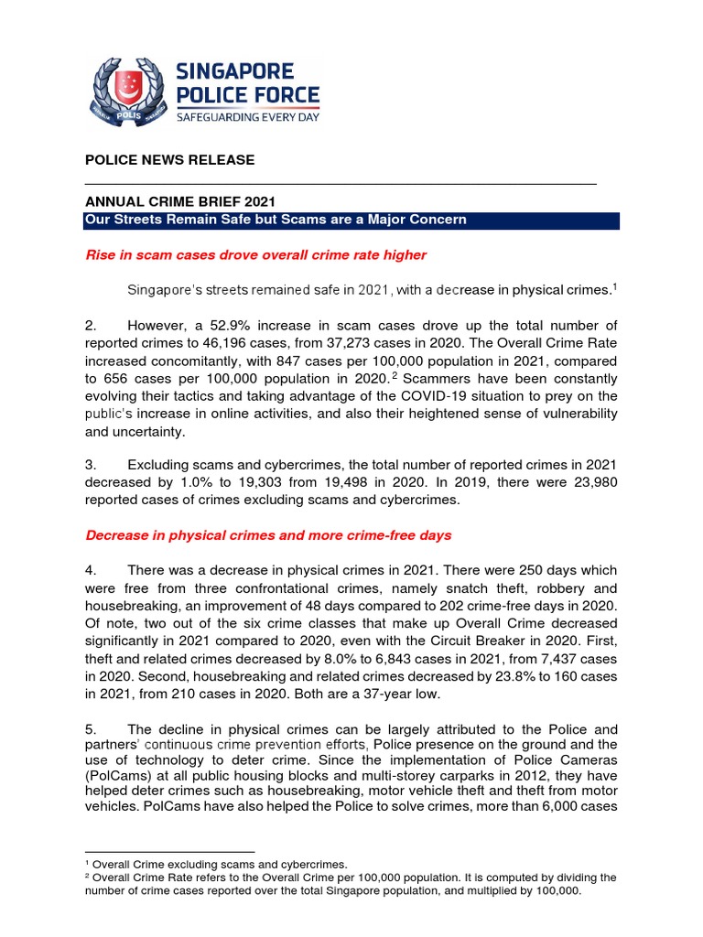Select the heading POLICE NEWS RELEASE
pos(169,160)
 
